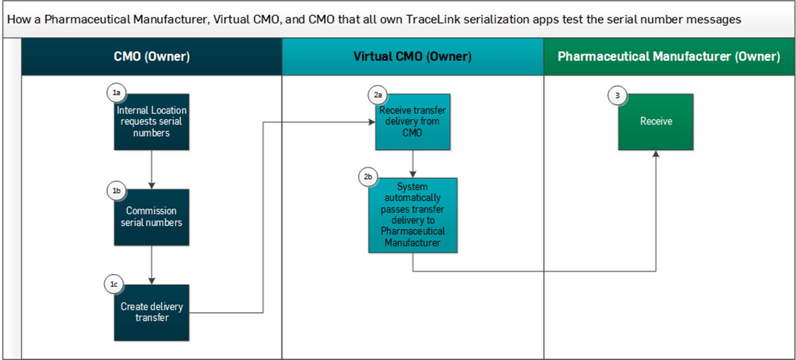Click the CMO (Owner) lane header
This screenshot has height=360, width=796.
(151, 57)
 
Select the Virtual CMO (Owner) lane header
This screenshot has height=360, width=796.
(412, 57)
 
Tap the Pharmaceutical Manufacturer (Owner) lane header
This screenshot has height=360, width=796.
(669, 57)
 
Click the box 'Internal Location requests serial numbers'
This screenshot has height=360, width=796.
(152, 122)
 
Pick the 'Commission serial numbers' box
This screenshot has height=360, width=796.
(152, 217)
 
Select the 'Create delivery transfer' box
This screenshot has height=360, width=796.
(152, 313)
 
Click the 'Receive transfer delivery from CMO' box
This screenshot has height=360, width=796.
(413, 122)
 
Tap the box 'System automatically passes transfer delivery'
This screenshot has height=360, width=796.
(413, 215)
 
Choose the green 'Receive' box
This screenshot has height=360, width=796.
(656, 122)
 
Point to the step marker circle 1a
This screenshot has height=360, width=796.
(116, 94)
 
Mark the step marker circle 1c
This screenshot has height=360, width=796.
(114, 284)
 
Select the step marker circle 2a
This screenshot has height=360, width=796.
(377, 94)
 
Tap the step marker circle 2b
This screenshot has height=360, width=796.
(368, 176)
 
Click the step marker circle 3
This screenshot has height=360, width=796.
(618, 95)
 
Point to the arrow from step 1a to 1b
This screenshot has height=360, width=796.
(151, 169)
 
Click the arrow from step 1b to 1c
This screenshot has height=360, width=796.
(151, 265)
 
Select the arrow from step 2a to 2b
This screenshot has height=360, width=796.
(413, 164)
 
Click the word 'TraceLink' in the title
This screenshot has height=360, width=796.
(434, 19)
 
